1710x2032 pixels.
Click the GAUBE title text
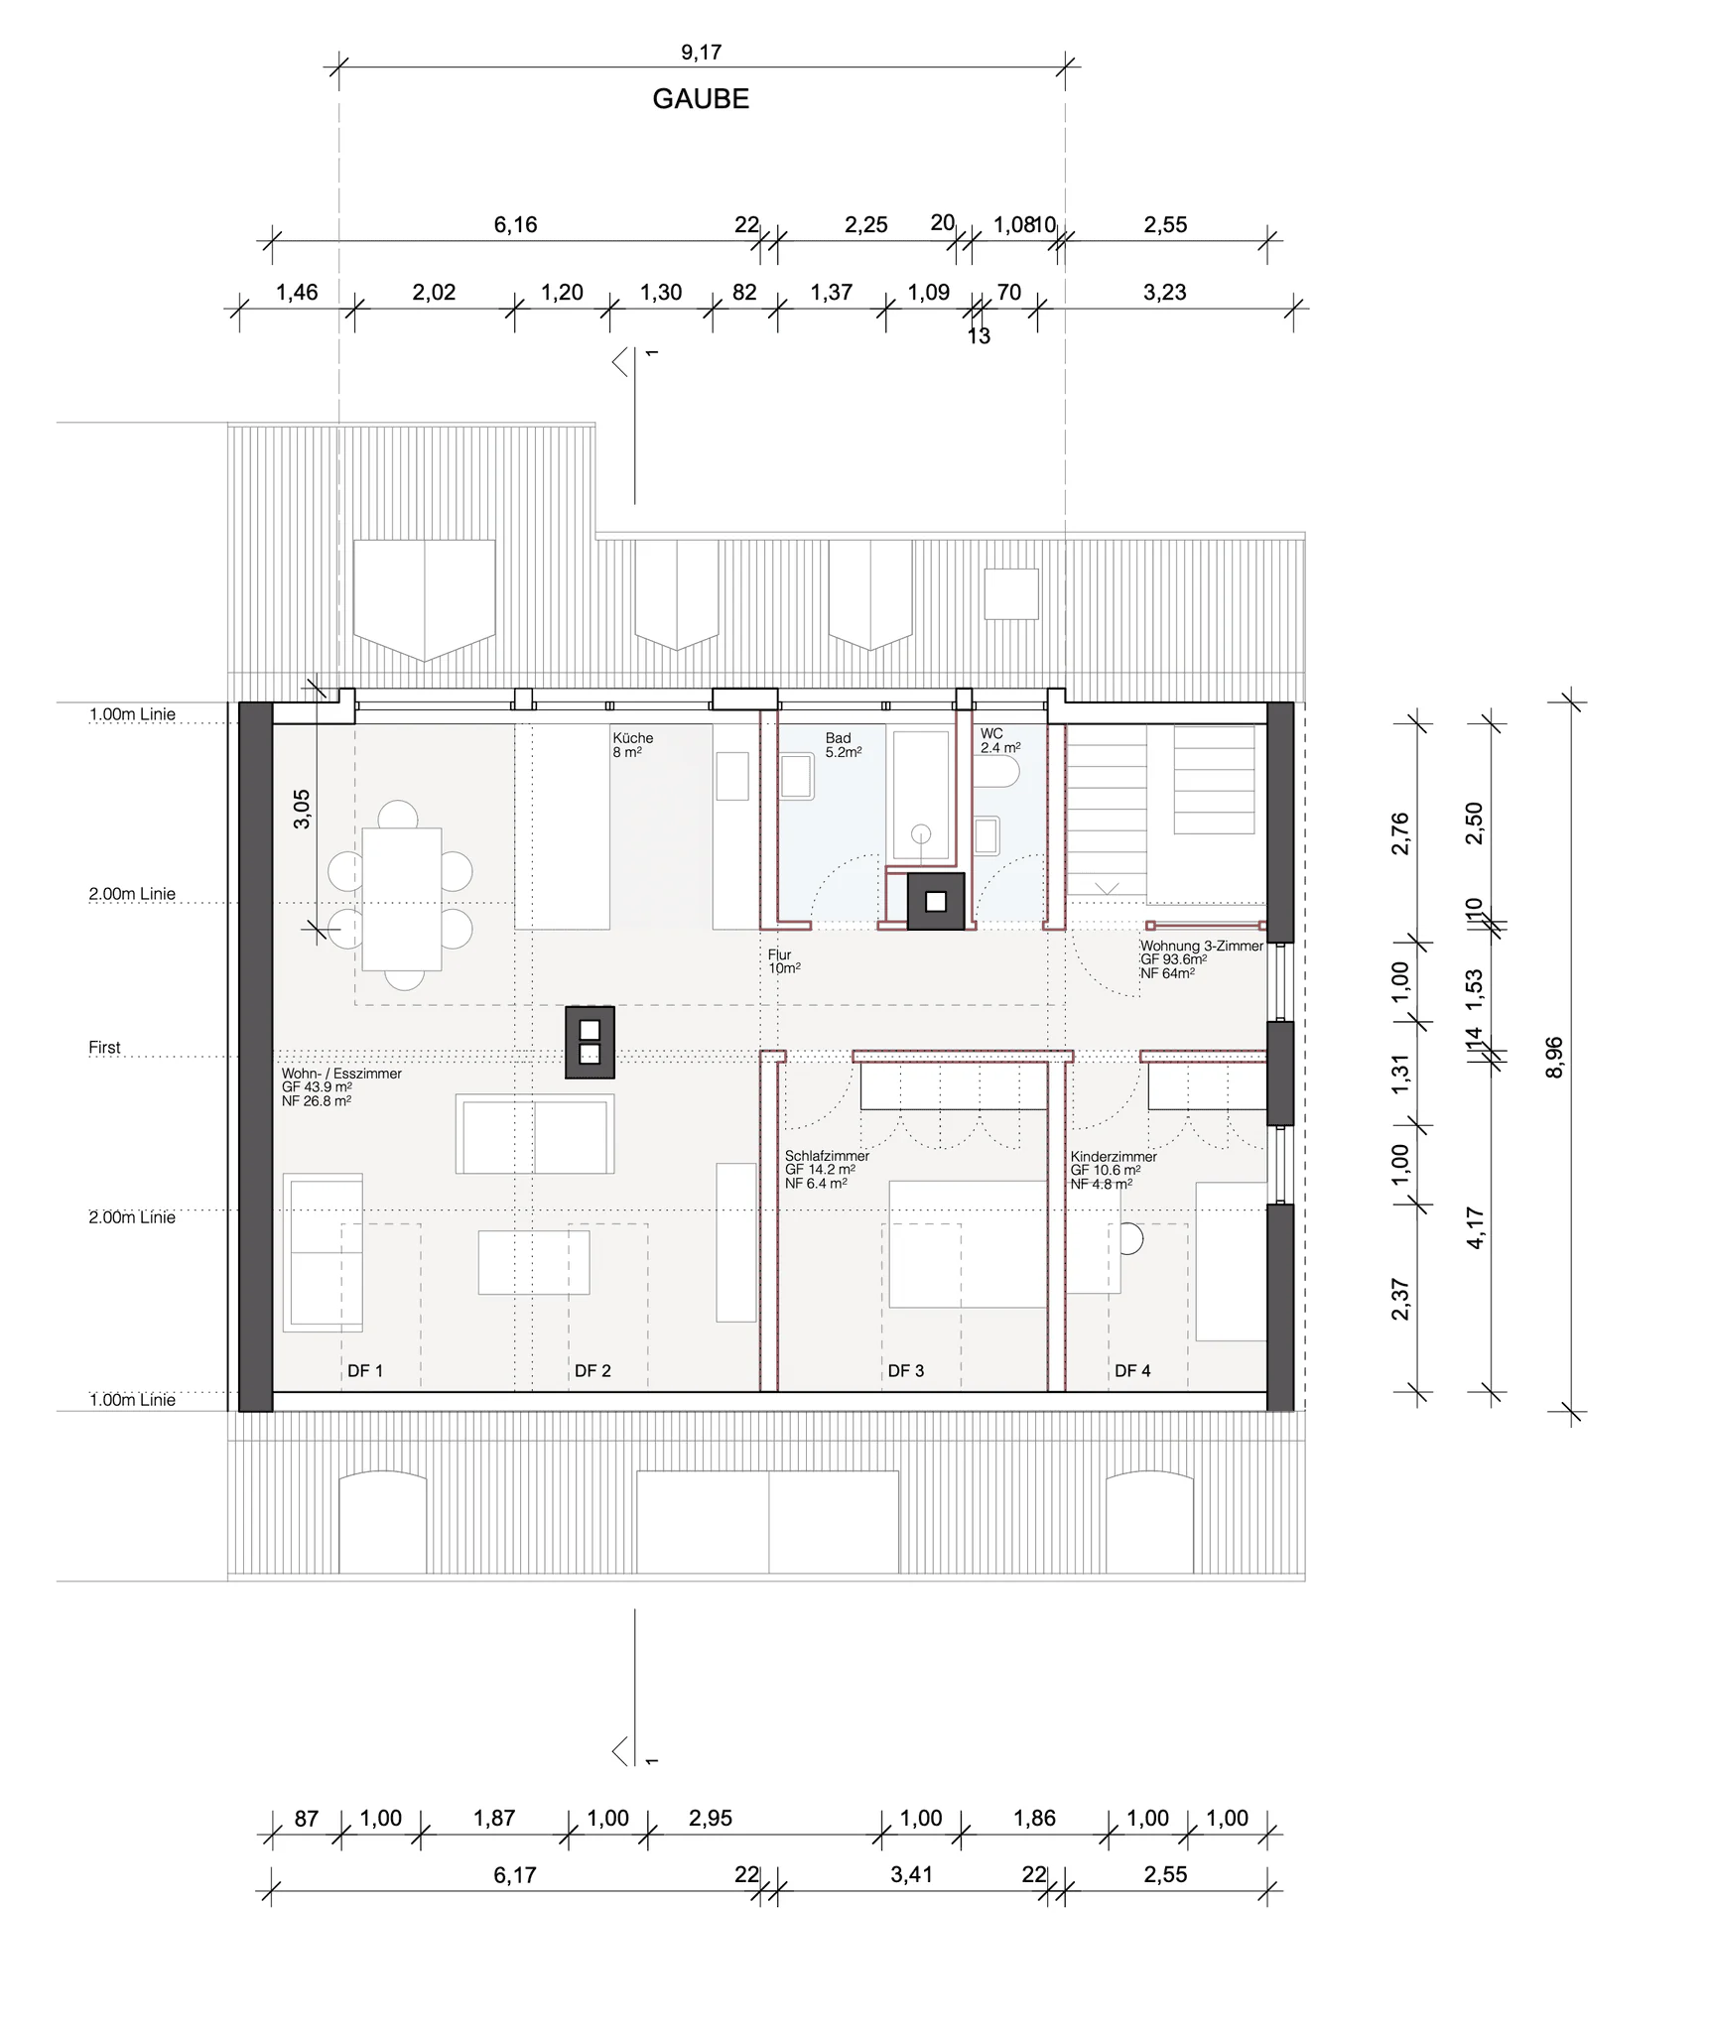click(x=701, y=99)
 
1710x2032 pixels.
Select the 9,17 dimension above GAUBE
click(x=701, y=53)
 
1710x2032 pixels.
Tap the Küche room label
click(x=633, y=738)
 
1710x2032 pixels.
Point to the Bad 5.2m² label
click(x=844, y=745)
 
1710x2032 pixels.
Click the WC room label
click(x=991, y=734)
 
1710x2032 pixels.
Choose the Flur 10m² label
click(x=784, y=961)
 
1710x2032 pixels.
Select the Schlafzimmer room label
click(x=827, y=1156)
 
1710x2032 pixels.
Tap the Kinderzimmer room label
click(x=1114, y=1157)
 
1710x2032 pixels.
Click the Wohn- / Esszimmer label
click(x=341, y=1074)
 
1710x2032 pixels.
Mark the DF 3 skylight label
click(x=905, y=1371)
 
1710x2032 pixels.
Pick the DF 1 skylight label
click(x=364, y=1371)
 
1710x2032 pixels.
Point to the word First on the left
click(x=104, y=1048)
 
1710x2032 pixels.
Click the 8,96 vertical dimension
click(x=1554, y=1057)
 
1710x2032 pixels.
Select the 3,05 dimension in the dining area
click(x=302, y=809)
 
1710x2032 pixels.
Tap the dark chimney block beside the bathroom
click(x=936, y=901)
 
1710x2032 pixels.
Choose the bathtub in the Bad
click(x=921, y=796)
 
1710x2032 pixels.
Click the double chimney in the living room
click(x=590, y=1042)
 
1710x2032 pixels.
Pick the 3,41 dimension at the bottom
click(x=911, y=1875)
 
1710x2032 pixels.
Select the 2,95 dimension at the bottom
click(x=711, y=1819)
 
